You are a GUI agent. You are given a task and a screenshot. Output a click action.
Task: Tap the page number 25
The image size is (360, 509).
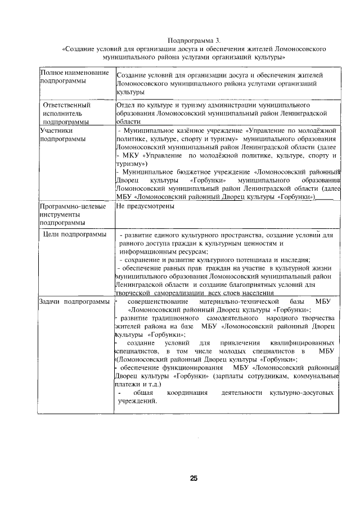(193, 478)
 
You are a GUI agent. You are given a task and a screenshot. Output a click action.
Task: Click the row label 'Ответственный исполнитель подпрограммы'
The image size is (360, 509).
(69, 112)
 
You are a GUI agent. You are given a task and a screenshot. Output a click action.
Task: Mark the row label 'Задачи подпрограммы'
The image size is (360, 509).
(74, 302)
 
